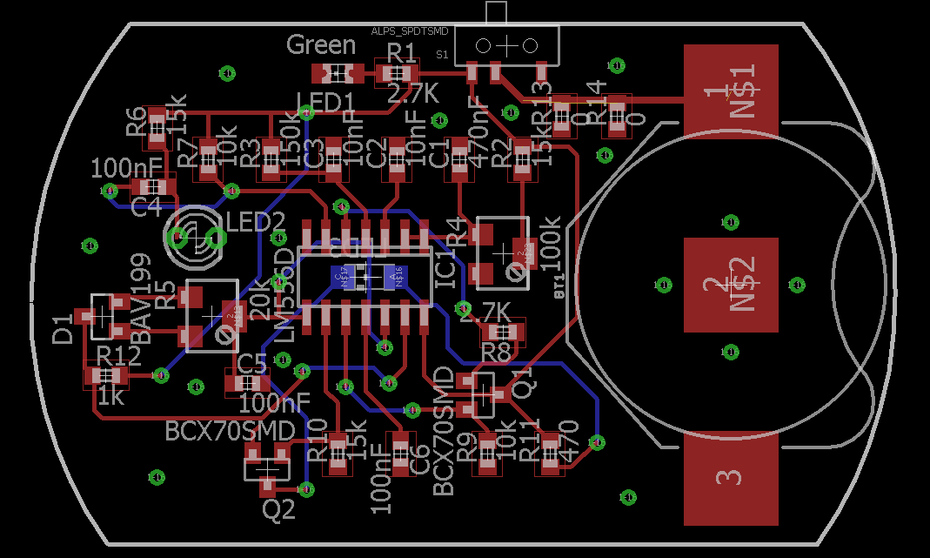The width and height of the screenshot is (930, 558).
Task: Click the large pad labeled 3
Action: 730,479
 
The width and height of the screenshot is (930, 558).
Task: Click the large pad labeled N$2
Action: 730,285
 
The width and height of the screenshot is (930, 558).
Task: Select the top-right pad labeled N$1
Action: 730,91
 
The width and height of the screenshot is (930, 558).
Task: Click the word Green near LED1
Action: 321,44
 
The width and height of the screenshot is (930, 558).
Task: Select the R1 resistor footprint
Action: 397,74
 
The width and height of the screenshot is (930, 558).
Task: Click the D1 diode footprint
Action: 102,316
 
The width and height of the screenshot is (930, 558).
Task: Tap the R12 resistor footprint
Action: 106,376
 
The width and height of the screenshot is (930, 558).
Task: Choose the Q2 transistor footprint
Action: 268,462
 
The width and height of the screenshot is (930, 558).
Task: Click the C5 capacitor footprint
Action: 247,382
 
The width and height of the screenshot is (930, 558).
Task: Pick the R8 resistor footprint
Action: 504,332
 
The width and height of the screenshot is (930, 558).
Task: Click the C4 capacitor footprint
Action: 153,186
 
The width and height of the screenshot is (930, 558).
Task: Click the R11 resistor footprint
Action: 550,454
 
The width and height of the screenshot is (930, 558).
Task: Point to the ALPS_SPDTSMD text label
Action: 410,30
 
